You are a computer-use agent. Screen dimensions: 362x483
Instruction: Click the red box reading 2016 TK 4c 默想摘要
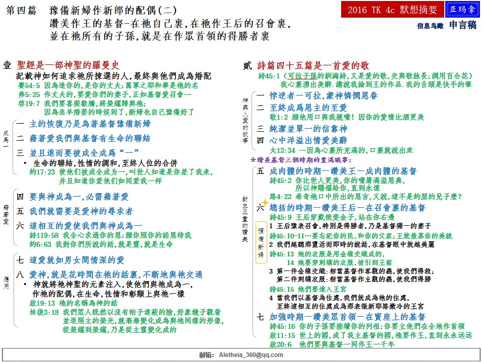(x=392, y=10)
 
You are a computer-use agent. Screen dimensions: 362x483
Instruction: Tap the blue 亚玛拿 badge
(x=462, y=10)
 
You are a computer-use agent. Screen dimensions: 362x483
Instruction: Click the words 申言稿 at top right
(x=462, y=25)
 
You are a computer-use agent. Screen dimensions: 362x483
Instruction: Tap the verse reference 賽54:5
(x=25, y=85)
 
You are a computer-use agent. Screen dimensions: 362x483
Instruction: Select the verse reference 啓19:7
(x=25, y=104)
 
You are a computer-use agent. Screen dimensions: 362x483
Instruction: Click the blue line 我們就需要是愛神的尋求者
(x=81, y=211)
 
